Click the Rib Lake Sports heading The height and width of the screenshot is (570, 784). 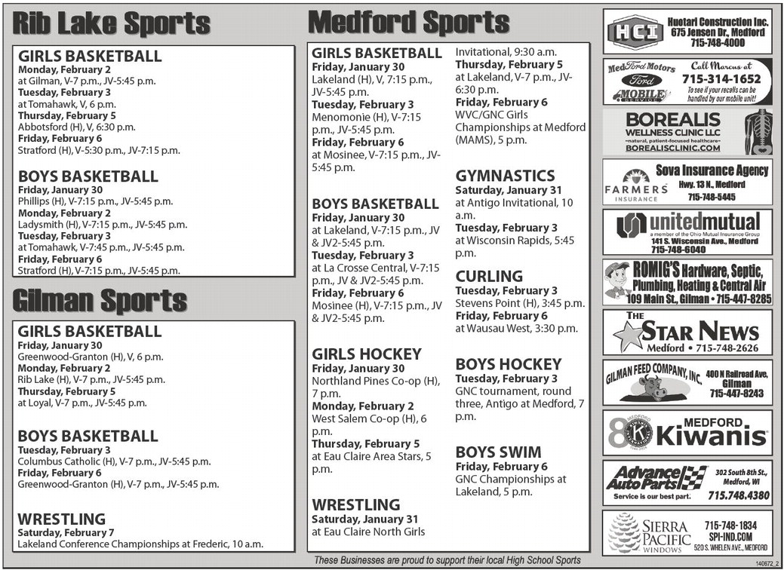(x=111, y=23)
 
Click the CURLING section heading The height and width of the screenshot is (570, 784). (x=489, y=276)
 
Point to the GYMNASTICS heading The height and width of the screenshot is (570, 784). (x=505, y=176)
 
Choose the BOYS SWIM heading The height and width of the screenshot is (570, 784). (x=498, y=452)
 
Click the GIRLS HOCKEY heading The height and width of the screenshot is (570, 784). (x=367, y=354)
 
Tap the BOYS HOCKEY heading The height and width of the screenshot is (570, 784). (x=509, y=364)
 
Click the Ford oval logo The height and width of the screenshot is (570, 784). (x=641, y=80)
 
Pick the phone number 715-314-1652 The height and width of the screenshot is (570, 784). (x=721, y=78)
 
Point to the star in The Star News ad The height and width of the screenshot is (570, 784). (x=630, y=335)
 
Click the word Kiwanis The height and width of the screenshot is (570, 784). (x=713, y=436)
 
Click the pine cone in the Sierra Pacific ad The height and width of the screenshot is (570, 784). (x=624, y=532)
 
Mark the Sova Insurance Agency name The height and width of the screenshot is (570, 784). (x=712, y=170)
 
